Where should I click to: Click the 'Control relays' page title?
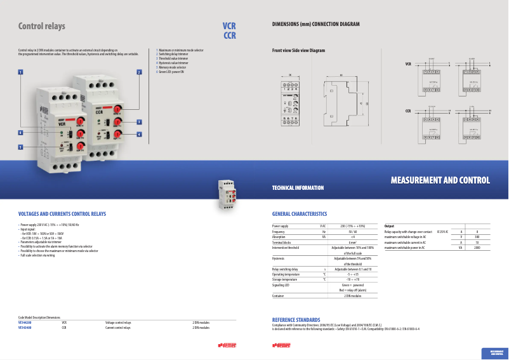pyautogui.click(x=42, y=27)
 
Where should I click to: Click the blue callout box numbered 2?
pyautogui.click(x=138, y=72)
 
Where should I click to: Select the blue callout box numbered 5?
pyautogui.click(x=20, y=147)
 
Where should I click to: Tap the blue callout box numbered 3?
pyautogui.click(x=139, y=121)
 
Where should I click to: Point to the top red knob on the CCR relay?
pyautogui.click(x=118, y=109)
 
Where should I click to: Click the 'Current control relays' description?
pyautogui.click(x=118, y=328)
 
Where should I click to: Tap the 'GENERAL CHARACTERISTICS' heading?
pyautogui.click(x=300, y=215)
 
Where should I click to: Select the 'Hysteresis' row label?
pyautogui.click(x=279, y=258)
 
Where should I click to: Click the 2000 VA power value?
pyautogui.click(x=477, y=248)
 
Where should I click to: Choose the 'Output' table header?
pyautogui.click(x=390, y=226)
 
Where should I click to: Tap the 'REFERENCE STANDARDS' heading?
pyautogui.click(x=296, y=319)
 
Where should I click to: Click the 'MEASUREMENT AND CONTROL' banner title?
pyautogui.click(x=440, y=181)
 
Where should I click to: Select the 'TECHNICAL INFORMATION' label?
pyautogui.click(x=298, y=188)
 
